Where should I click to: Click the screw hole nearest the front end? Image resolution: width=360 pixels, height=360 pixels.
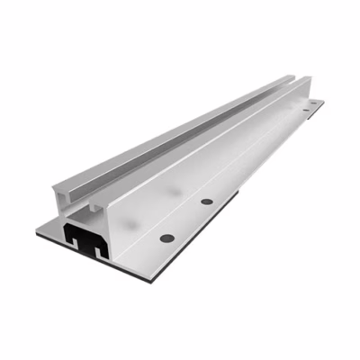(166, 238)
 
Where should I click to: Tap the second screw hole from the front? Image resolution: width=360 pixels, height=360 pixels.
(207, 201)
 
